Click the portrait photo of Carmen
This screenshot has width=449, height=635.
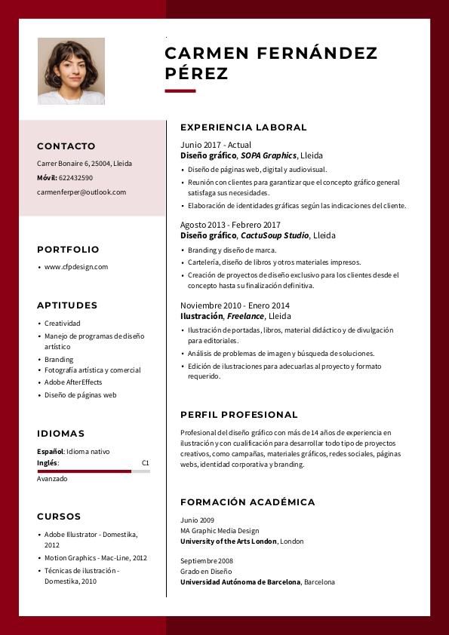pyautogui.click(x=71, y=71)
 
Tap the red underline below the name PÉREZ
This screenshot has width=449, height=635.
pyautogui.click(x=180, y=91)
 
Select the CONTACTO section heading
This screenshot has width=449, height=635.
pyautogui.click(x=66, y=146)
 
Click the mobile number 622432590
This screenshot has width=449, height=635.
pyautogui.click(x=75, y=178)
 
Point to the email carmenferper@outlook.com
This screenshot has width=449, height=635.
pyautogui.click(x=81, y=192)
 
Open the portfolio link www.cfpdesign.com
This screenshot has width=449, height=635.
pyautogui.click(x=76, y=267)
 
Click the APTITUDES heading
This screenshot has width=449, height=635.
pyautogui.click(x=67, y=305)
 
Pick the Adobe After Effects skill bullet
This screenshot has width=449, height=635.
pyautogui.click(x=73, y=382)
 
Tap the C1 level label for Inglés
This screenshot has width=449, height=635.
pyautogui.click(x=146, y=463)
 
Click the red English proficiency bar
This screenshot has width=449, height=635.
pyautogui.click(x=84, y=471)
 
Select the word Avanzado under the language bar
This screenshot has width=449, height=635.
pyautogui.click(x=52, y=479)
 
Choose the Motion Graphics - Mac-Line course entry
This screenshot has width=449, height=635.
pyautogui.click(x=96, y=558)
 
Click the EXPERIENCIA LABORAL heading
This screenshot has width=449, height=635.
pyautogui.click(x=244, y=127)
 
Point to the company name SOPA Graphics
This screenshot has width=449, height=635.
pyautogui.click(x=269, y=155)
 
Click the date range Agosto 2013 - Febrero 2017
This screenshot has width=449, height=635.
pyautogui.click(x=230, y=225)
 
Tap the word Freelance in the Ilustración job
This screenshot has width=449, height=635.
pyautogui.click(x=245, y=316)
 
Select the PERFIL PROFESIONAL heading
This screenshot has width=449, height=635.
pyautogui.click(x=239, y=415)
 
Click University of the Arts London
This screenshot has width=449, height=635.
pyautogui.click(x=229, y=541)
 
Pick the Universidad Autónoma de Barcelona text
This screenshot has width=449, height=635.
pyautogui.click(x=240, y=582)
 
